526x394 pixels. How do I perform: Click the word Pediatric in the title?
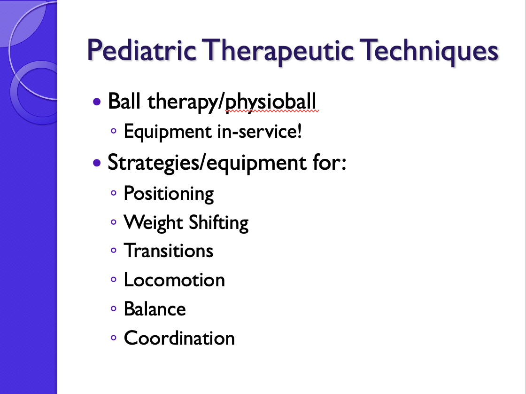click(141, 51)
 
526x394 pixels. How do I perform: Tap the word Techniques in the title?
click(429, 51)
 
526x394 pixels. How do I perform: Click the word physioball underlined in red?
click(271, 102)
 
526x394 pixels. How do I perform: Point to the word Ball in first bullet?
click(124, 101)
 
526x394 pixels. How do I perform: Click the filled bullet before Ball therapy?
click(97, 102)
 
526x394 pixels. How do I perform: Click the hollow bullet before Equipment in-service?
click(113, 131)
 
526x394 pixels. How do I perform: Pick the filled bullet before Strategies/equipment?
click(97, 163)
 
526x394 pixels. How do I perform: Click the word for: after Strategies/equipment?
click(329, 162)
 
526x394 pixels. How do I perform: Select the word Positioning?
click(169, 194)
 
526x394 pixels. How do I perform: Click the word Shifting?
click(218, 223)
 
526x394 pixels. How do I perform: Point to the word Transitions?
click(169, 251)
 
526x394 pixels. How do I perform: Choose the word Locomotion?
click(174, 280)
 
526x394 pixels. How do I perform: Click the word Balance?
click(155, 309)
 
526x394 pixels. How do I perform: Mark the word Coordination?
click(179, 338)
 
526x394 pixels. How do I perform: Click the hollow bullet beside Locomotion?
click(113, 279)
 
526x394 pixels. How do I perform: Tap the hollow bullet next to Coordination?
click(113, 337)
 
